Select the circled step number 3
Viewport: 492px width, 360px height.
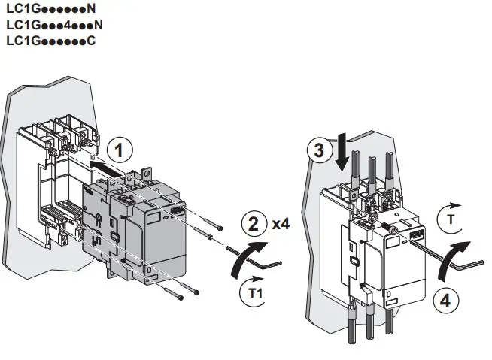click(320, 150)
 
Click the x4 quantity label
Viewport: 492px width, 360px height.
click(283, 224)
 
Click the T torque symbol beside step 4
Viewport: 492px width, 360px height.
click(451, 216)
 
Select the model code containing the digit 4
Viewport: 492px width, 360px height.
click(54, 25)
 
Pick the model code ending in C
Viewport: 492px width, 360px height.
click(50, 40)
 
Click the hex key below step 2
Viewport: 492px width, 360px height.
click(259, 259)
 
